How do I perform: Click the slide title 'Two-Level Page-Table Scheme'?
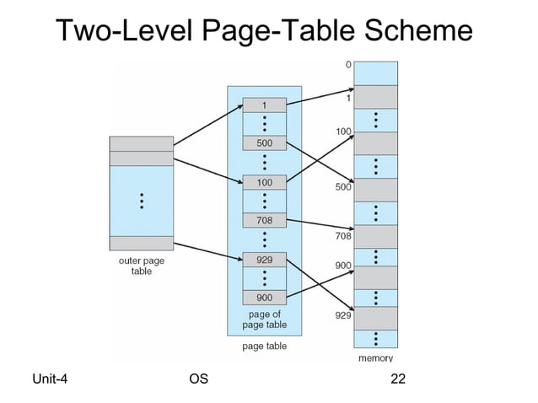pyautogui.click(x=264, y=31)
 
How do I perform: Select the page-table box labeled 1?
pyautogui.click(x=264, y=105)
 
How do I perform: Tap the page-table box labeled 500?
pyautogui.click(x=264, y=143)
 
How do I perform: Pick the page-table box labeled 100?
pyautogui.click(x=264, y=182)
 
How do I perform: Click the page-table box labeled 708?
pyautogui.click(x=264, y=220)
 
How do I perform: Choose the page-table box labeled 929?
pyautogui.click(x=264, y=260)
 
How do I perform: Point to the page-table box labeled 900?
pyautogui.click(x=264, y=298)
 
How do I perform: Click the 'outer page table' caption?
pyautogui.click(x=142, y=266)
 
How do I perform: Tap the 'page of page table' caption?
pyautogui.click(x=265, y=320)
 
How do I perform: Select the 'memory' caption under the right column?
pyautogui.click(x=376, y=358)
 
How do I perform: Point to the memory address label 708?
pyautogui.click(x=342, y=236)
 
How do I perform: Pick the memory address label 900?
pyautogui.click(x=342, y=265)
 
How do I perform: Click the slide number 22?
pyautogui.click(x=399, y=379)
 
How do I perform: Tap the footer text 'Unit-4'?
pyautogui.click(x=50, y=379)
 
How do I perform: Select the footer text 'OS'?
pyautogui.click(x=199, y=379)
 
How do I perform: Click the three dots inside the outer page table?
pyautogui.click(x=142, y=201)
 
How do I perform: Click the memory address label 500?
pyautogui.click(x=342, y=187)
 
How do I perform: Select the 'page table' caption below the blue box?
pyautogui.click(x=265, y=346)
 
